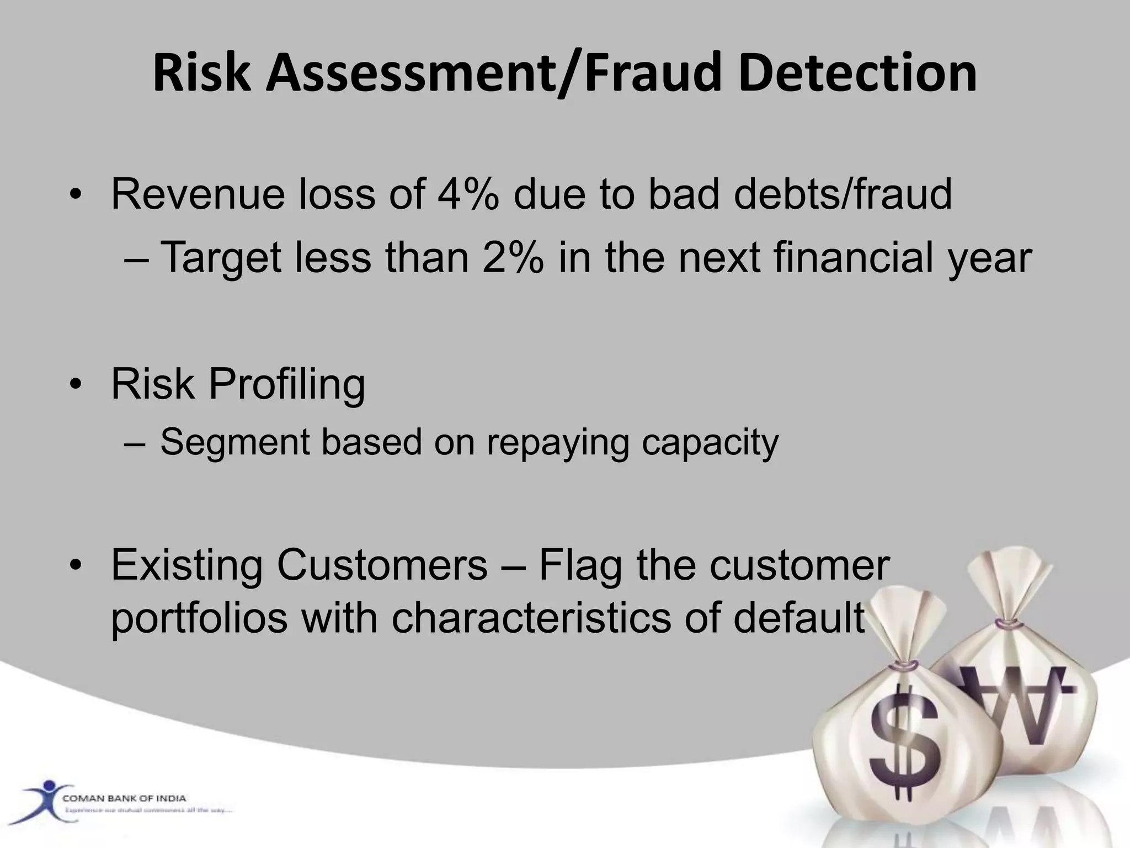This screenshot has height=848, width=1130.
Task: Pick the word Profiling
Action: point(286,385)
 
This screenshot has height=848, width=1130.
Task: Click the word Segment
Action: point(235,442)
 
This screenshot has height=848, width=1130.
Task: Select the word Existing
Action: point(187,565)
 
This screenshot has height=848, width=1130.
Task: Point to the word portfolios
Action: point(199,618)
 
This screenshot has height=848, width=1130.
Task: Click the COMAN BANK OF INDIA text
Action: point(124,798)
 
